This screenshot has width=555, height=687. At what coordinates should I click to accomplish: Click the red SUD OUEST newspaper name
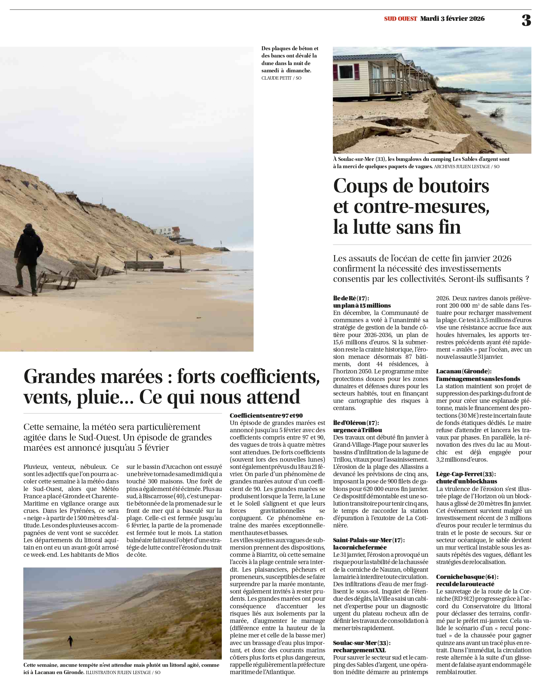tap(400, 19)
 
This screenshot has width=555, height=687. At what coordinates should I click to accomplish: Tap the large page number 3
tap(526, 20)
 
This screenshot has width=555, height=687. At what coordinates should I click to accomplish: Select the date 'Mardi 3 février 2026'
tap(452, 19)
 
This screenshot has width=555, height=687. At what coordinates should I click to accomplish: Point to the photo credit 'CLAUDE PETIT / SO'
tap(281, 78)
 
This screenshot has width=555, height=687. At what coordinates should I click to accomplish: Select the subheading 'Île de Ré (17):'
tap(351, 298)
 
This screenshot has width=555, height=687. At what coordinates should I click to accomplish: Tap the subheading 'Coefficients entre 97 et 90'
tap(266, 415)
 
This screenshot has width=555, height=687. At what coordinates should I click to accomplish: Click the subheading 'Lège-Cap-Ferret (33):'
tap(466, 474)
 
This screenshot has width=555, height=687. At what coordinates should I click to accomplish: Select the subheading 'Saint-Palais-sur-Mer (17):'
tap(368, 540)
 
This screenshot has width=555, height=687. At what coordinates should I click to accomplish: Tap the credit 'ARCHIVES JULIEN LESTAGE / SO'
tap(467, 167)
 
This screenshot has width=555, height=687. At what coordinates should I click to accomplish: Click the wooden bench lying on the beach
tap(144, 265)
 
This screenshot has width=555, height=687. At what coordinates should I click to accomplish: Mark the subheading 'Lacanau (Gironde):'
tap(464, 371)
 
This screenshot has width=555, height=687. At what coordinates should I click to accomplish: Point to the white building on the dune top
tap(167, 231)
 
